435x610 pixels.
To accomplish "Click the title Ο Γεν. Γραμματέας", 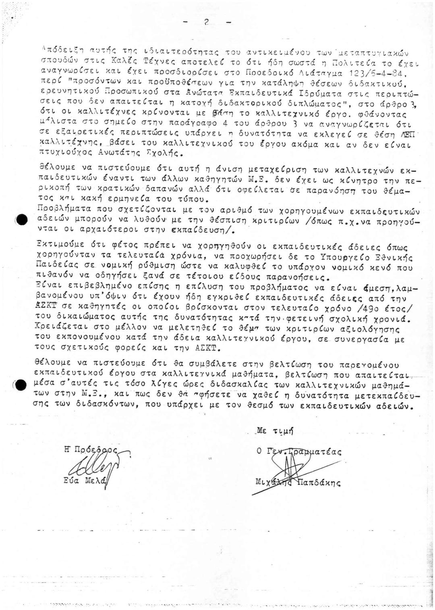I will [299, 452].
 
